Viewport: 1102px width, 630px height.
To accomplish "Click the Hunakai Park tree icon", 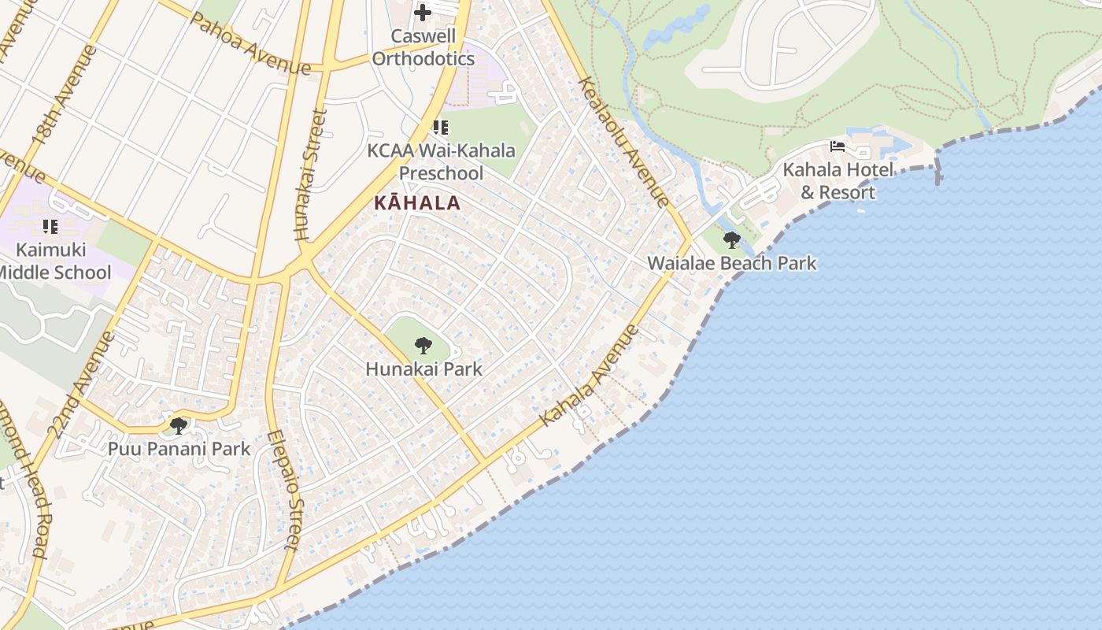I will pos(423,345).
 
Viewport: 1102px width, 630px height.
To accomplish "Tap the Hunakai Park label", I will pos(423,369).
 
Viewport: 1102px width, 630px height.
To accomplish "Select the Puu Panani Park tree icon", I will pos(179,426).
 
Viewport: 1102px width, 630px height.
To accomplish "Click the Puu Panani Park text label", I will pos(179,449).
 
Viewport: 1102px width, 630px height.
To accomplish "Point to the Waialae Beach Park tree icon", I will pos(731,240).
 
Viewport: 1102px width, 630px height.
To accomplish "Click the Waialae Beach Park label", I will pos(731,263).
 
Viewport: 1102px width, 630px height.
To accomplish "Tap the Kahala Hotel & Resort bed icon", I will pos(838,146).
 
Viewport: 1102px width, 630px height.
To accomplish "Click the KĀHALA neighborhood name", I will pos(416,202).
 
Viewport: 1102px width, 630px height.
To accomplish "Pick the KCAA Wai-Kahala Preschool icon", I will pos(441,127).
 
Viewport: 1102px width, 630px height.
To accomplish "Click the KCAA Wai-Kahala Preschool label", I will pos(441,161).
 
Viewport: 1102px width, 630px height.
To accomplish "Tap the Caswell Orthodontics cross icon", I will pos(423,12).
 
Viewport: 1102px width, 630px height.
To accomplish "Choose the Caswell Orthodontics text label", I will pos(423,47).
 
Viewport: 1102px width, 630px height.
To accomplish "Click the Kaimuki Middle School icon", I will pos(50,227).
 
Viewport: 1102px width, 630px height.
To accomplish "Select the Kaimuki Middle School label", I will pos(54,261).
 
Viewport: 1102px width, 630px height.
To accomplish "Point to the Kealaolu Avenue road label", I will pos(623,142).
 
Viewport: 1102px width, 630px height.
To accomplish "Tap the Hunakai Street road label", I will pos(310,175).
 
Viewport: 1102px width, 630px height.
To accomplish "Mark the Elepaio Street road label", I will pos(283,490).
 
